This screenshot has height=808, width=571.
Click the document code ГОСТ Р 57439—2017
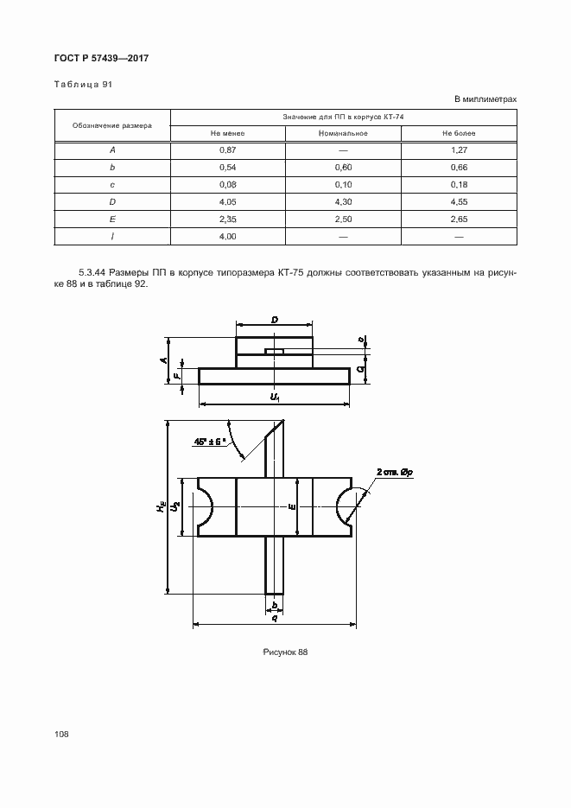click(x=102, y=59)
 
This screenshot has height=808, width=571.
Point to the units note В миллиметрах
click(x=485, y=99)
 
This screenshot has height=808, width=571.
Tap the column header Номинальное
click(x=343, y=133)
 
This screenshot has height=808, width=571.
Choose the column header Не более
click(x=459, y=133)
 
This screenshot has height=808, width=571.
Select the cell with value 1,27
click(x=459, y=150)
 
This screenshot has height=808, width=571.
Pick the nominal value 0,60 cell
click(x=343, y=167)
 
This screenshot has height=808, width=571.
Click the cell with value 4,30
click(x=343, y=201)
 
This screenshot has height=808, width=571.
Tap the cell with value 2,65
click(x=459, y=219)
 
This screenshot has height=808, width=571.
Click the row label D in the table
click(x=112, y=201)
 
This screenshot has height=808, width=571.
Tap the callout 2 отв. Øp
click(x=395, y=472)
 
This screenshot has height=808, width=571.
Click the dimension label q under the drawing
click(x=274, y=617)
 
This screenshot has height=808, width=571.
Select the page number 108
click(x=61, y=734)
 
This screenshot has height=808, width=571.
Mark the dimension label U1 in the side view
click(x=275, y=396)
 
